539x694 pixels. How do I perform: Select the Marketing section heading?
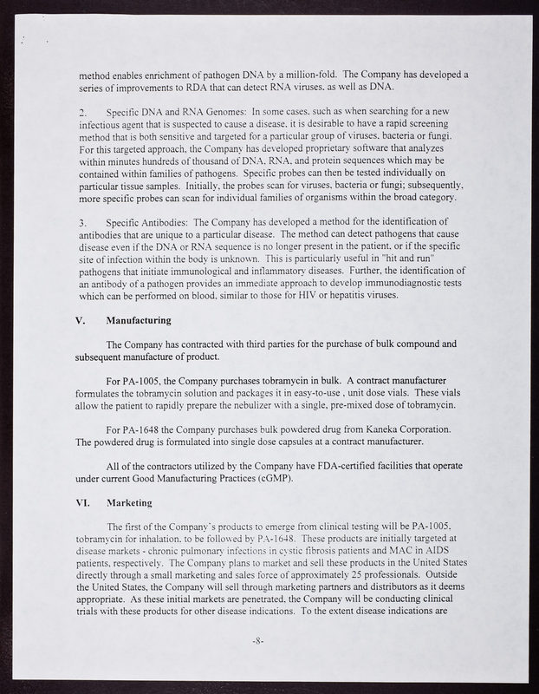[x=129, y=502]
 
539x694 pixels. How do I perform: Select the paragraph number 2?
[x=82, y=112]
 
